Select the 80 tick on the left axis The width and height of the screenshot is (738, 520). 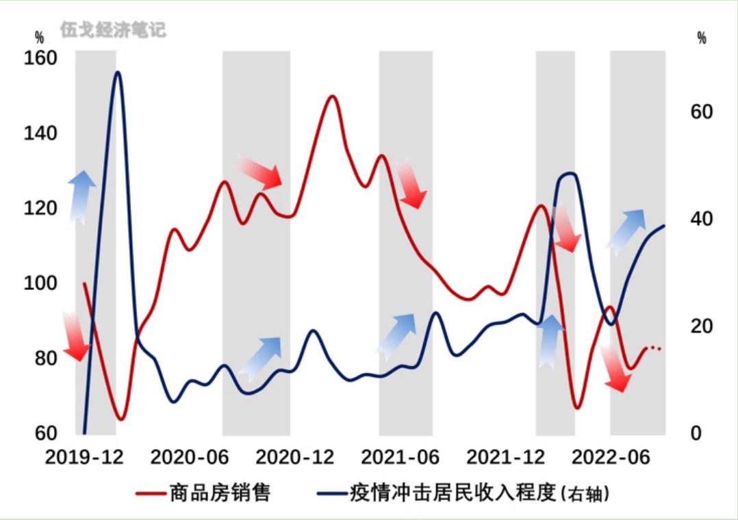pyautogui.click(x=40, y=358)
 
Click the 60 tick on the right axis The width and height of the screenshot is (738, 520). pyautogui.click(x=702, y=112)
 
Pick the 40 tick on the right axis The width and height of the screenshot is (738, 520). pyautogui.click(x=702, y=219)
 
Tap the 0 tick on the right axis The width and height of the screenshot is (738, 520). pyautogui.click(x=696, y=433)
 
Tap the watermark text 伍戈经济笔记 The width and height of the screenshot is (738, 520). pyautogui.click(x=113, y=30)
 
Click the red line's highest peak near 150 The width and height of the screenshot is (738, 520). pyautogui.click(x=332, y=96)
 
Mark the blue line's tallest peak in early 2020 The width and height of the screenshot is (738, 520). pyautogui.click(x=118, y=72)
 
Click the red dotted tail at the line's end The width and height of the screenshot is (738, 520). pyautogui.click(x=655, y=349)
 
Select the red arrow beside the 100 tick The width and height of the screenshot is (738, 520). pyautogui.click(x=75, y=335)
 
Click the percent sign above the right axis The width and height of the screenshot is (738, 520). pyautogui.click(x=702, y=38)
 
